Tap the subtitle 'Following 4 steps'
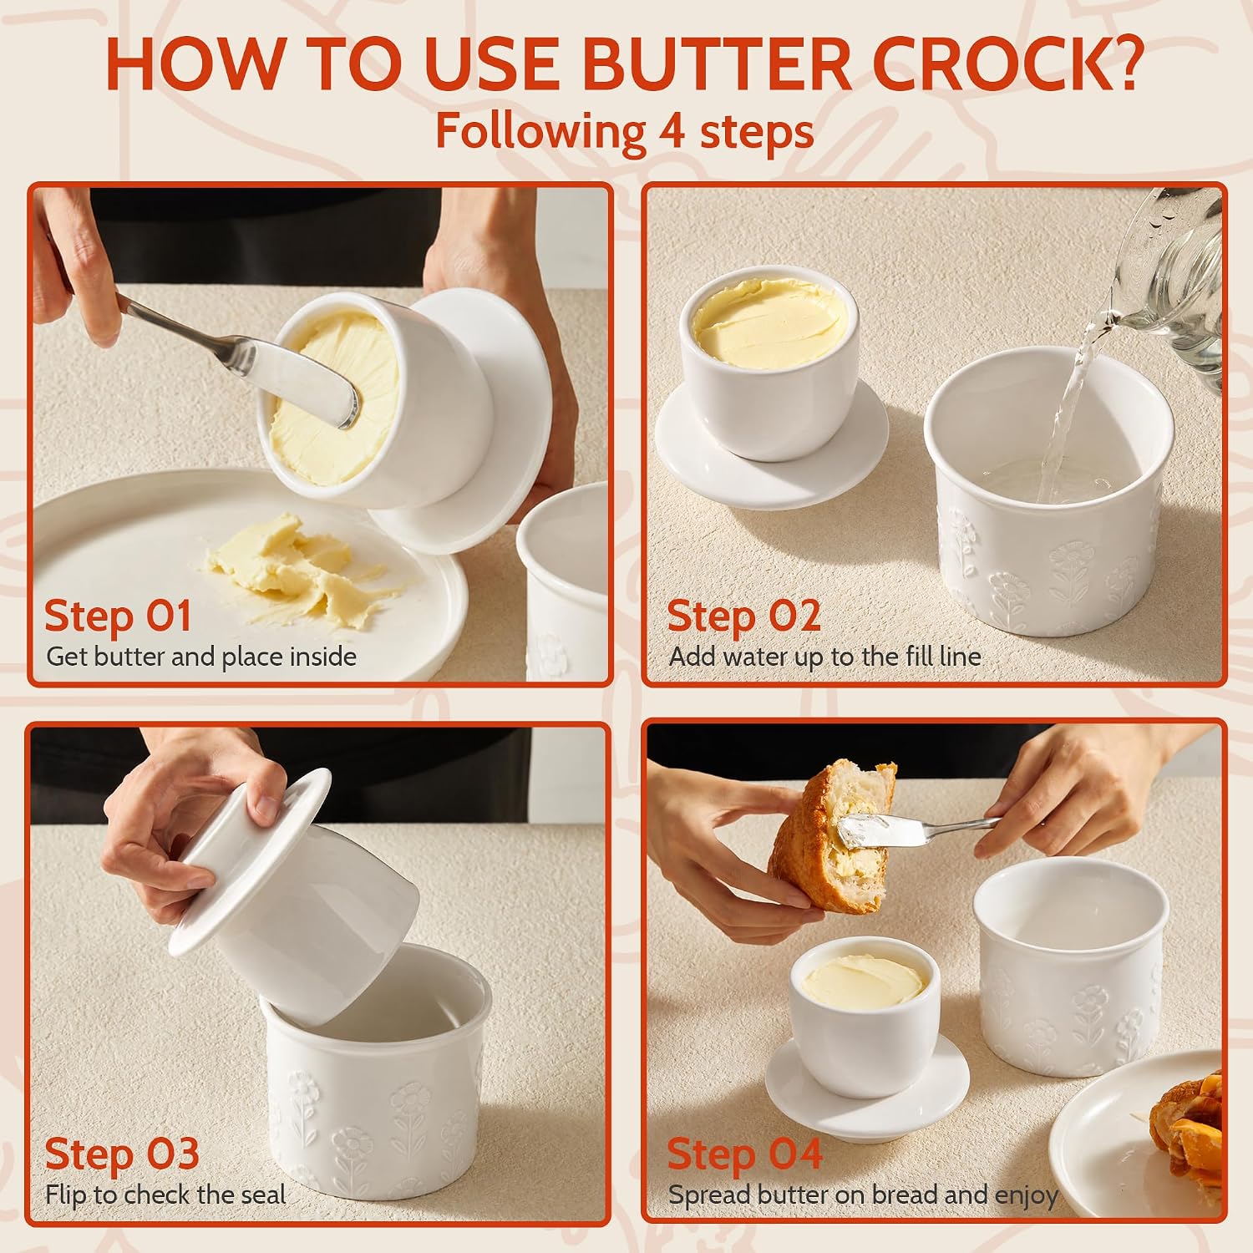coord(625,131)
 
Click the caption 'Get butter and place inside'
coord(201,657)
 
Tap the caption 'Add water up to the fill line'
coord(824,657)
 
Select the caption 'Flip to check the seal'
coord(165,1195)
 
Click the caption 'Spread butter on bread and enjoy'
coord(863,1196)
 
